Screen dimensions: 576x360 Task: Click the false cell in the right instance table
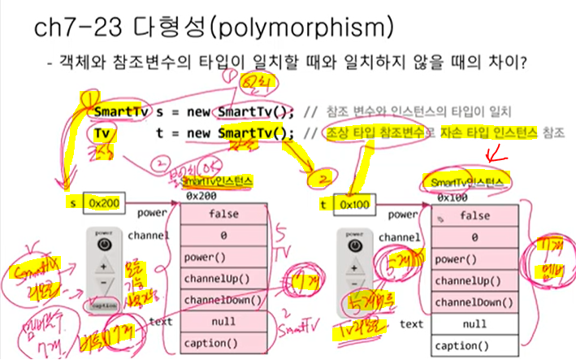(474, 215)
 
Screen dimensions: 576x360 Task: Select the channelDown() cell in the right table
(474, 301)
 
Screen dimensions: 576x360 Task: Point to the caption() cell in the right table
(474, 345)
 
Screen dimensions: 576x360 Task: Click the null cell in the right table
(474, 323)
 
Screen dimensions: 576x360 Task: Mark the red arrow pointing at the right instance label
(492, 154)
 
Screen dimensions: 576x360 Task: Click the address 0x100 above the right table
(452, 197)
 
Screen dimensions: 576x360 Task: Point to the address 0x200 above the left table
(201, 196)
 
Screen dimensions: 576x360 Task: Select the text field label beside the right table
(411, 323)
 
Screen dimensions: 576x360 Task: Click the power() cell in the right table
(474, 259)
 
